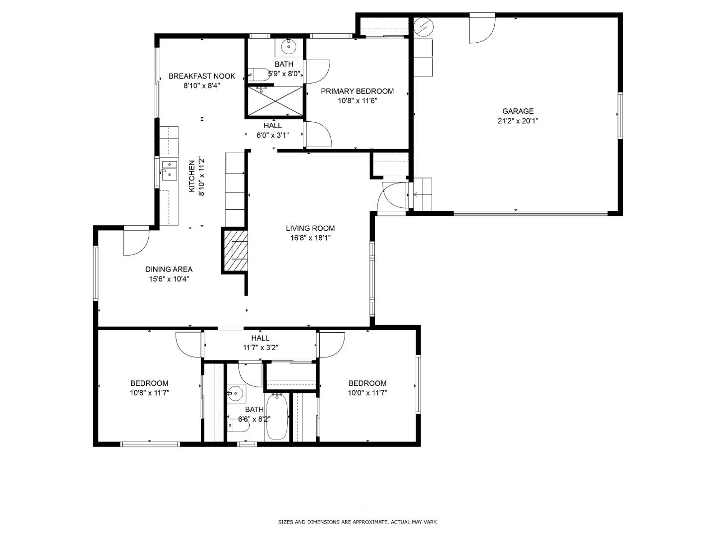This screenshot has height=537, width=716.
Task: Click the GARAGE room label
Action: coord(518,111)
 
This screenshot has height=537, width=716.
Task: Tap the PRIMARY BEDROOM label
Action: coord(357,91)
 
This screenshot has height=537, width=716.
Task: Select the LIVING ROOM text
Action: coord(310,229)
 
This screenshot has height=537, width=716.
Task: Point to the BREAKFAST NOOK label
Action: coord(202,77)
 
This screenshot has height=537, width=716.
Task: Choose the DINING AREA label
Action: coord(169,269)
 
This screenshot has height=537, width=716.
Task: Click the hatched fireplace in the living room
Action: coord(235,250)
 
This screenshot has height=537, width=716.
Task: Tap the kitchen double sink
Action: coord(169,170)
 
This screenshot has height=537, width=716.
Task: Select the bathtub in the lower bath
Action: coord(276,416)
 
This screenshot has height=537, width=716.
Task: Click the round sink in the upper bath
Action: coord(288,47)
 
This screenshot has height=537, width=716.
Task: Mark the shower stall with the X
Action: coord(275,101)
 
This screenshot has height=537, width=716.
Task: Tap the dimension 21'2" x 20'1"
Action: coord(518,121)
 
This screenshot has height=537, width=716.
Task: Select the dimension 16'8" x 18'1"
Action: coord(310,238)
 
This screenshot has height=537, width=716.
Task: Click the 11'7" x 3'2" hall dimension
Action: coord(260,348)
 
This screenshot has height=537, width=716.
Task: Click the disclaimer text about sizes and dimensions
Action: coord(358,522)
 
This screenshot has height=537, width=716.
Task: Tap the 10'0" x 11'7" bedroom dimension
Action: coord(367,393)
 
